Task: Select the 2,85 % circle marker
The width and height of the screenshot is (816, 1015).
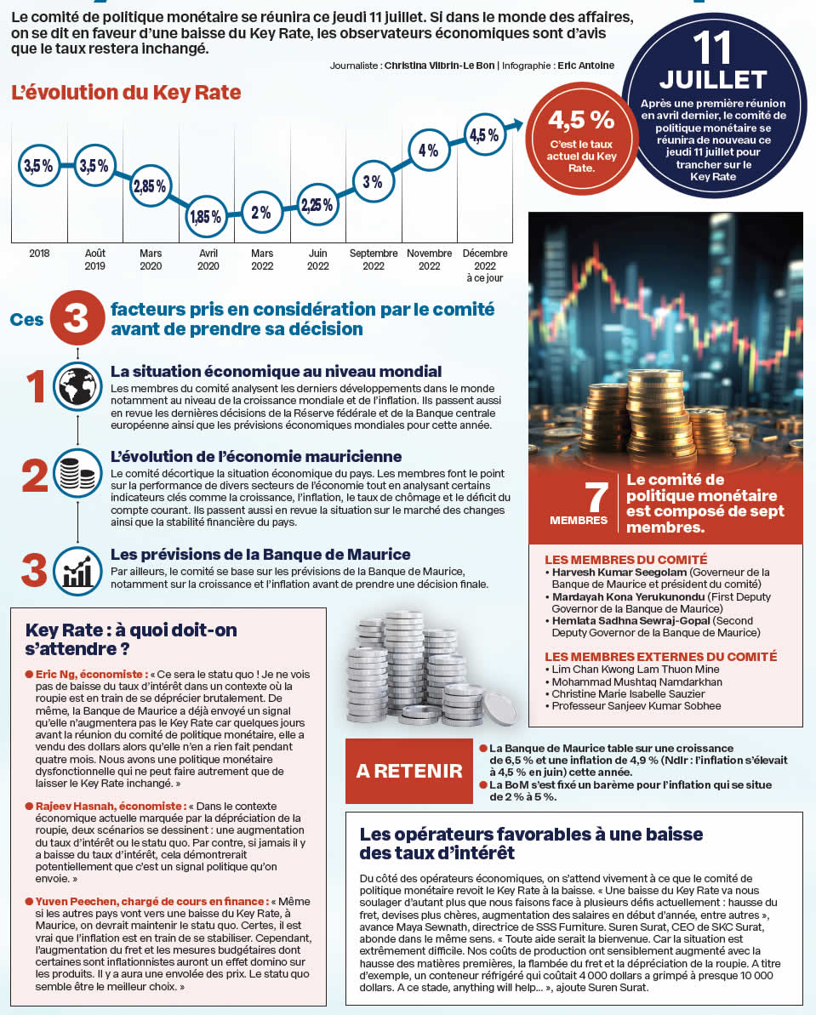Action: pos(150,187)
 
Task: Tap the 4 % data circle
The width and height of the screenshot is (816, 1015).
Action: pos(428,151)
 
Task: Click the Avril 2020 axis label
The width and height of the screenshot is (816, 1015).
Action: pos(207,259)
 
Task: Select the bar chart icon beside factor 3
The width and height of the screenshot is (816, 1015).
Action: pos(77,567)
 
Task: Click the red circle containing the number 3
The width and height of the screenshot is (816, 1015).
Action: pos(77,317)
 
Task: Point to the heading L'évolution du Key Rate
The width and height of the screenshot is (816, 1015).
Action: pos(126,93)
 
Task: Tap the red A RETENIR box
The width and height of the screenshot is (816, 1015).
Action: pos(408,771)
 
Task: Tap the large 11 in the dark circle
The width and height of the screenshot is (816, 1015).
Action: pos(713,49)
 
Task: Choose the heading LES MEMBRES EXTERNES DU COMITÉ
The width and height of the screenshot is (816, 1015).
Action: pos(660,657)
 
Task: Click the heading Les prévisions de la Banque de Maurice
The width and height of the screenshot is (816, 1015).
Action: pos(260,555)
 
